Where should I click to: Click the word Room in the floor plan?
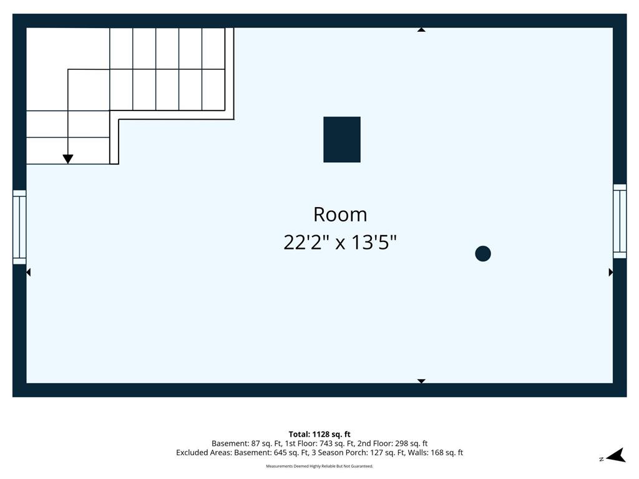tap(340, 215)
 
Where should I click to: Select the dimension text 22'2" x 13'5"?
tap(340, 243)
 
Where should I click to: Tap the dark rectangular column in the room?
tap(342, 140)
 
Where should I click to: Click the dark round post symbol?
tap(483, 253)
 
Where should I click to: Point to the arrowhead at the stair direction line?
tap(68, 159)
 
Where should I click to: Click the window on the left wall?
tap(19, 227)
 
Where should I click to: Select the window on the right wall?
tap(620, 221)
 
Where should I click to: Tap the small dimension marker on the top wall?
tap(421, 30)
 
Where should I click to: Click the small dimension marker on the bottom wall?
tap(421, 381)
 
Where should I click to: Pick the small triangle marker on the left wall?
tap(28, 272)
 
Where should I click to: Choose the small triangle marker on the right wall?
tap(611, 272)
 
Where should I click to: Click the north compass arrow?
tap(616, 455)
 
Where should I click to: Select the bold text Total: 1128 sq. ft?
tap(319, 434)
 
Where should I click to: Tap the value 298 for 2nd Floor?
tap(402, 443)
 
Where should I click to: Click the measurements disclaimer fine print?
tap(319, 466)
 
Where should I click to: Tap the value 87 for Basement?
tap(255, 443)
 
